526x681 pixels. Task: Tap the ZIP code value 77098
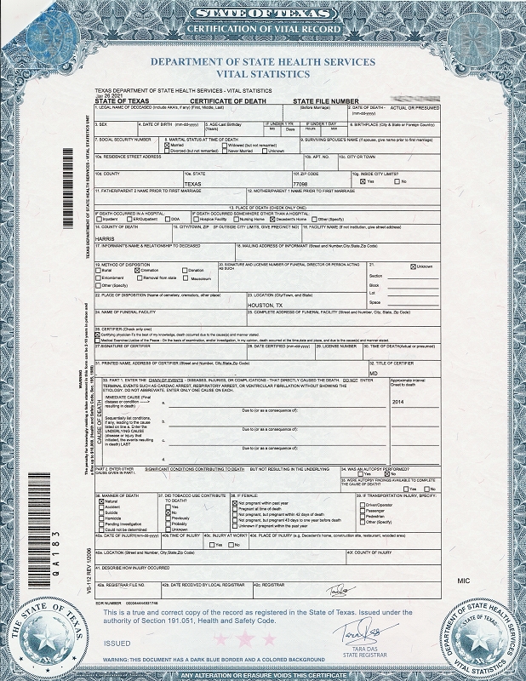click(300, 183)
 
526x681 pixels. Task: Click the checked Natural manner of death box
click(98, 502)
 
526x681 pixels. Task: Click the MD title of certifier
click(373, 373)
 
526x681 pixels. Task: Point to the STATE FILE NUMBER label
click(326, 100)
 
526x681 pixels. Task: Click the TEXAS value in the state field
click(192, 183)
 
